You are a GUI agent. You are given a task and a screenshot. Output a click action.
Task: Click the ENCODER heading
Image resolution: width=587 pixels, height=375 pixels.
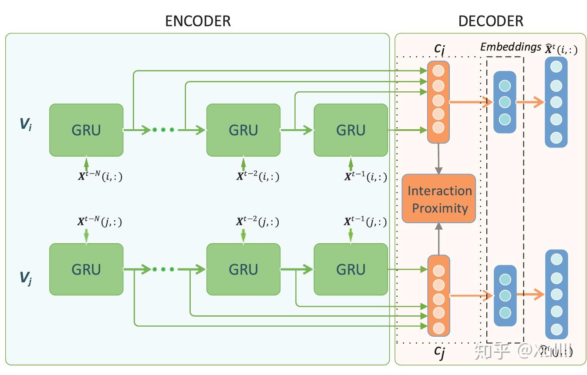[198, 21]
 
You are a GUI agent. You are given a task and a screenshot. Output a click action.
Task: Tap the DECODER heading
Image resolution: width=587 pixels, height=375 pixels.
[491, 21]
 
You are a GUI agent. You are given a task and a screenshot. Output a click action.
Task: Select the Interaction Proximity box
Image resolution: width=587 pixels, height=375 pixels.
[439, 199]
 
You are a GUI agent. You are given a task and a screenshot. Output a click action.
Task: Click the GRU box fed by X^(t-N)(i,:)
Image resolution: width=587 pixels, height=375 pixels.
[86, 130]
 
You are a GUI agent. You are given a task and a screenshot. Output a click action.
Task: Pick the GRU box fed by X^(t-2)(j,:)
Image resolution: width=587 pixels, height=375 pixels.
[243, 270]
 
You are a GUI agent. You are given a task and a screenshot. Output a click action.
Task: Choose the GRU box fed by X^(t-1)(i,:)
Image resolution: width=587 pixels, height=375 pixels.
[351, 130]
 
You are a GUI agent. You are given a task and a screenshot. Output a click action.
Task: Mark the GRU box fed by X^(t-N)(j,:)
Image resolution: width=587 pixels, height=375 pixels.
[86, 270]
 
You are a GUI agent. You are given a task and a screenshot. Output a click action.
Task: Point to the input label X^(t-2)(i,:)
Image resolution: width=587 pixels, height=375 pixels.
[257, 177]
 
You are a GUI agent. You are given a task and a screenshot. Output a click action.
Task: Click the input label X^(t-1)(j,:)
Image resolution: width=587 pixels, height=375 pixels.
[365, 222]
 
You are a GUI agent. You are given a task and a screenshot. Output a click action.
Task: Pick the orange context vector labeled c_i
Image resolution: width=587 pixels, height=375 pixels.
[438, 102]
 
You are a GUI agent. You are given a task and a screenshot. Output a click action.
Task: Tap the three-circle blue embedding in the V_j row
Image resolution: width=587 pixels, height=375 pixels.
[505, 296]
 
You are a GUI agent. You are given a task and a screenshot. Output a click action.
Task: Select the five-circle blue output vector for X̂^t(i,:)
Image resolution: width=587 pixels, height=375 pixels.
[556, 102]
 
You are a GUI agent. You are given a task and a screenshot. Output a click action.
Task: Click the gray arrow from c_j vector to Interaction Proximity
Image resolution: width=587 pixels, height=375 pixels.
[439, 239]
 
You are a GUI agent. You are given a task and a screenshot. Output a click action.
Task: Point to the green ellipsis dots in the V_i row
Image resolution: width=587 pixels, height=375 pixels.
[163, 130]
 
